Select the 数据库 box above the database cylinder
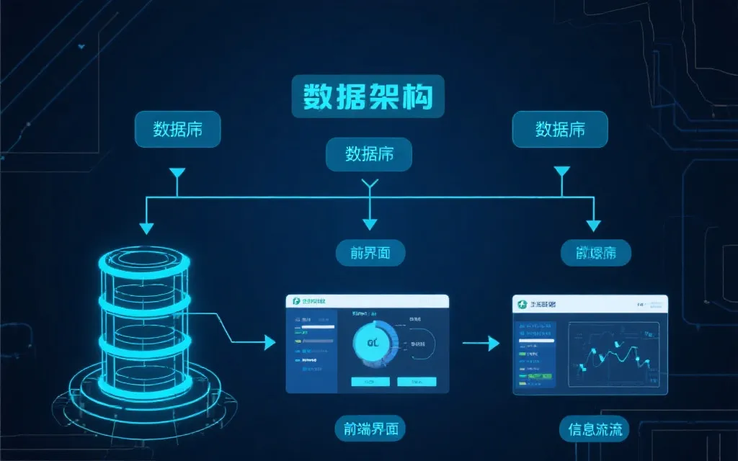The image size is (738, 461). pyautogui.click(x=177, y=130)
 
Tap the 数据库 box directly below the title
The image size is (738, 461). pyautogui.click(x=369, y=154)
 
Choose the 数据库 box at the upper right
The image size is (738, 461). pyautogui.click(x=560, y=130)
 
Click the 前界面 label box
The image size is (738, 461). pyautogui.click(x=370, y=252)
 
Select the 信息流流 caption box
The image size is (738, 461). pyautogui.click(x=595, y=430)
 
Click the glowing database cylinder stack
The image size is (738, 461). pyautogui.click(x=144, y=317)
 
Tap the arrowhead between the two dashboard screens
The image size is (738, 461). pyautogui.click(x=493, y=343)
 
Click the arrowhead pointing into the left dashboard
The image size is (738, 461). pyautogui.click(x=270, y=342)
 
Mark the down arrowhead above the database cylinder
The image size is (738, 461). pyautogui.click(x=147, y=228)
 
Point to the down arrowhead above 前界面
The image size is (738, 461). pyautogui.click(x=370, y=224)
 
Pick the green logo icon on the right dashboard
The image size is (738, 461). pyautogui.click(x=522, y=305)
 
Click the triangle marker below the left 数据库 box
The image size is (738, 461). pyautogui.click(x=177, y=173)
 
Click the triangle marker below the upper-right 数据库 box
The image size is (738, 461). pyautogui.click(x=561, y=171)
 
